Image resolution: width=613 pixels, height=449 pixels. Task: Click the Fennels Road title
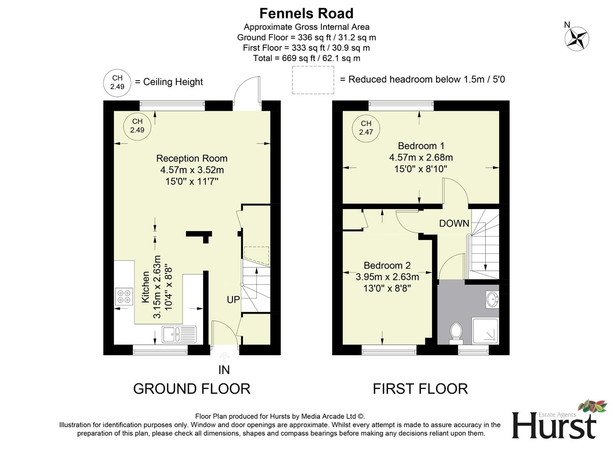coord(306,13)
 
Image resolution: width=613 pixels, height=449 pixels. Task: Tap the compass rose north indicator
coord(576,38)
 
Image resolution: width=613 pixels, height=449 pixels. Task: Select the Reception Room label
coord(192,158)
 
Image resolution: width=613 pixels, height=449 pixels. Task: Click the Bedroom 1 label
coord(421,146)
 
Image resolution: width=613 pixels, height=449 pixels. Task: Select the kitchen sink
coord(179,334)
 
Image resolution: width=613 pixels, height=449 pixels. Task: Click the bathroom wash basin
coord(492,299)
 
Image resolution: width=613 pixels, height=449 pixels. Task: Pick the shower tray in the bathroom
coord(485,331)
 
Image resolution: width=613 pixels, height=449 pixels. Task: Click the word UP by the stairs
coord(233,299)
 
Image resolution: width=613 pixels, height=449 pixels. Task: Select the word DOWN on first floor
coord(454,224)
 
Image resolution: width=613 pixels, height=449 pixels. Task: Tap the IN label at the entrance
coord(224,370)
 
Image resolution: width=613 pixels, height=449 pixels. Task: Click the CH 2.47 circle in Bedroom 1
coord(366,128)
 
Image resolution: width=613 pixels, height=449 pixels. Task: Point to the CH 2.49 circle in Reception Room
coord(137,126)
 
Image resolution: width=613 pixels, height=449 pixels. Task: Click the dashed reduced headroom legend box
coord(313,80)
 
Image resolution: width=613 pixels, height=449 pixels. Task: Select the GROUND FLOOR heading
coord(192,389)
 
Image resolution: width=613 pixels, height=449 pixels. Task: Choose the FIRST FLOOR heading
coord(420,389)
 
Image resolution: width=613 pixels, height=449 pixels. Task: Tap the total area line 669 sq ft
coord(306,58)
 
